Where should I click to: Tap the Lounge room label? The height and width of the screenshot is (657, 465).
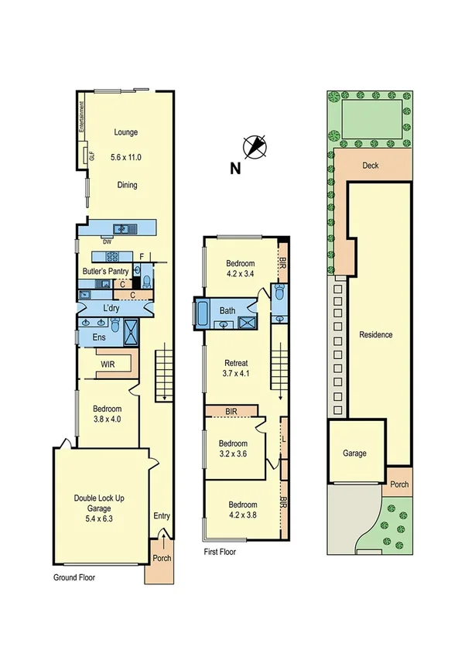[x=126, y=132]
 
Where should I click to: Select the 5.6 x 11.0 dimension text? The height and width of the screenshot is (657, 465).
[x=126, y=158]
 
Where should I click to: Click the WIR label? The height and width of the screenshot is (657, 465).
[x=108, y=363]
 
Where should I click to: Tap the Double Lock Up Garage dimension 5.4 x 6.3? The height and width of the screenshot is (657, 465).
[x=99, y=508]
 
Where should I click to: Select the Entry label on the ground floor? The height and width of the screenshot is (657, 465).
[x=162, y=517]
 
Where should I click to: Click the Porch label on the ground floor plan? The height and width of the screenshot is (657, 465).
[x=162, y=559]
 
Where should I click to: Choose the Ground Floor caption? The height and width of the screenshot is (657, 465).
[x=74, y=577]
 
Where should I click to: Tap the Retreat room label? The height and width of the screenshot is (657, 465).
[x=236, y=363]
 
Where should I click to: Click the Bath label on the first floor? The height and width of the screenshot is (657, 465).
[x=227, y=311]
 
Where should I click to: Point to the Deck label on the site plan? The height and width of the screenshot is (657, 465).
[x=370, y=165]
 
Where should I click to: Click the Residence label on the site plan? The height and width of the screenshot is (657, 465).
[x=375, y=335]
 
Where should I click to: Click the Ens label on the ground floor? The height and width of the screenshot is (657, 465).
[x=99, y=337]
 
